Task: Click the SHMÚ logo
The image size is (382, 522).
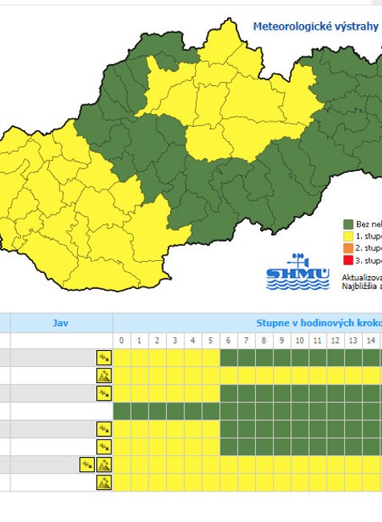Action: click(x=297, y=272)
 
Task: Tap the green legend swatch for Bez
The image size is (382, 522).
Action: click(x=348, y=224)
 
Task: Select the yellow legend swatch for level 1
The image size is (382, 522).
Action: click(x=348, y=236)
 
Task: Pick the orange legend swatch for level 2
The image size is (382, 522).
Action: click(x=348, y=248)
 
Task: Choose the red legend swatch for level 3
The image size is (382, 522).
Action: click(x=348, y=260)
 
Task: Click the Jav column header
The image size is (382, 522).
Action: click(x=60, y=323)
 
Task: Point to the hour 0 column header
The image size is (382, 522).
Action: click(x=122, y=341)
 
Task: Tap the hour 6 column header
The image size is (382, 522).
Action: click(x=229, y=341)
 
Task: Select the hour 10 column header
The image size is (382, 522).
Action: click(x=299, y=341)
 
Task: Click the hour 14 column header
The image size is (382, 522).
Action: click(x=370, y=341)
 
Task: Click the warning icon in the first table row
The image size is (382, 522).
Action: click(x=104, y=357)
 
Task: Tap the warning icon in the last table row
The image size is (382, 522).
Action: click(x=104, y=482)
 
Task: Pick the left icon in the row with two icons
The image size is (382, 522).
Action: click(x=87, y=464)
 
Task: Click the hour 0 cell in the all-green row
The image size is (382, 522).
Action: click(x=122, y=411)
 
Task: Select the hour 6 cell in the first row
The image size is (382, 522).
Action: click(x=229, y=357)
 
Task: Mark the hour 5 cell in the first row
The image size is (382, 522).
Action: click(x=211, y=357)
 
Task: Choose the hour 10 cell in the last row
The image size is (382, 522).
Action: click(x=299, y=482)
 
